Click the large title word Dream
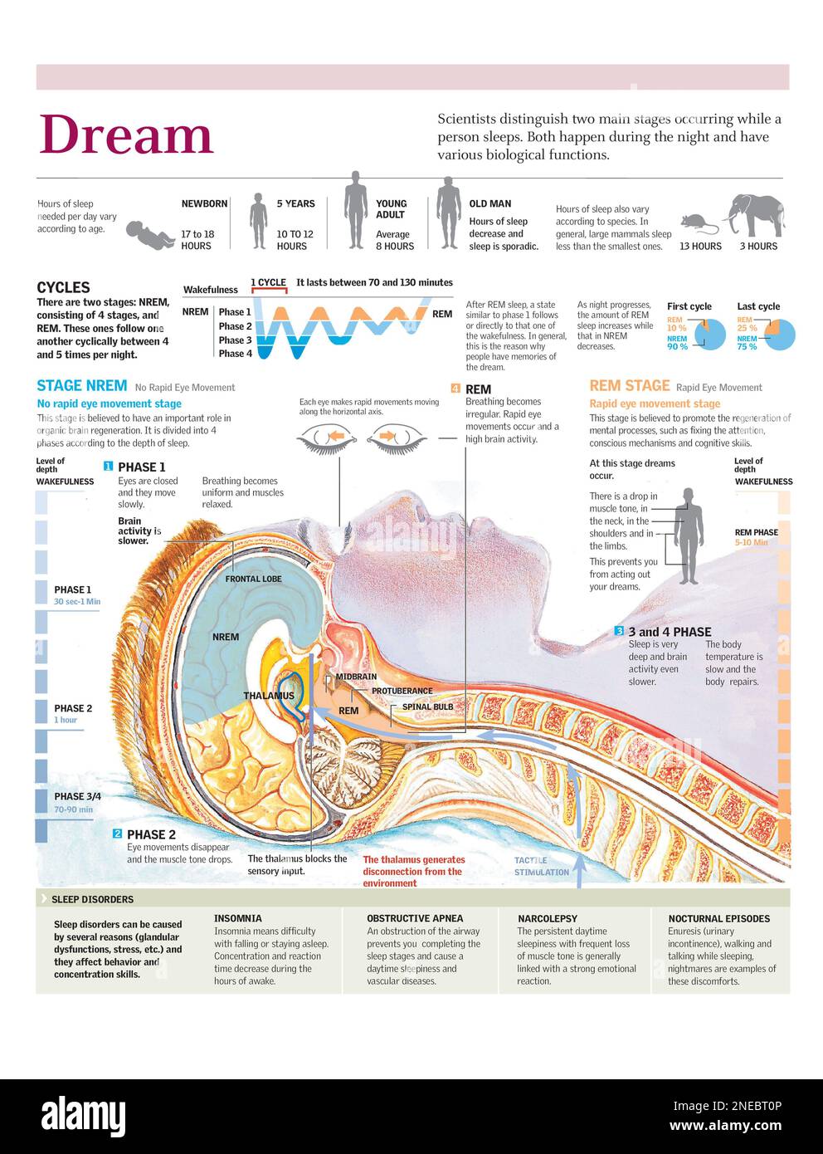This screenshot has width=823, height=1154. (126, 135)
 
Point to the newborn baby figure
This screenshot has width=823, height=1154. (149, 234)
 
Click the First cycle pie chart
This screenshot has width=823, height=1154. (710, 334)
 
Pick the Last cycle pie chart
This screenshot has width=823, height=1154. (780, 334)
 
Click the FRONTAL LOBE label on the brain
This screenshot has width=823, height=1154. (253, 579)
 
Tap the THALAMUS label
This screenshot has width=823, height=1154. (269, 696)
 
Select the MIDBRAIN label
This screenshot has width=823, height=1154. (356, 677)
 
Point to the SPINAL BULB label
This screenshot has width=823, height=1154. (427, 707)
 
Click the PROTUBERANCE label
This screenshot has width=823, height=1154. (402, 691)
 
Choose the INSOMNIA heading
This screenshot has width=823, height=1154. (237, 918)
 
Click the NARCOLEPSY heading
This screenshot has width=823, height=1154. (547, 918)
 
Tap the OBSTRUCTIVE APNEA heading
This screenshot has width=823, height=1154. (415, 918)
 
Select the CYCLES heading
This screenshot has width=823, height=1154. (63, 287)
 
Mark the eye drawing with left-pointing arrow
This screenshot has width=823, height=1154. (327, 438)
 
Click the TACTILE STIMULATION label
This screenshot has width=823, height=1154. (541, 866)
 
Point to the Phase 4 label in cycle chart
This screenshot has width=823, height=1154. (235, 354)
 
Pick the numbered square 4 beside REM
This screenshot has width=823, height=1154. (455, 388)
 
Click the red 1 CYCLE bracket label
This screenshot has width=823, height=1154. (268, 283)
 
